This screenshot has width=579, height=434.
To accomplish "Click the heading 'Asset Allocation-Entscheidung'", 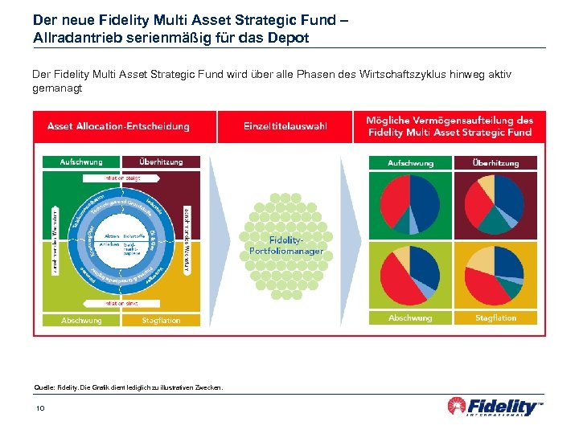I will tap(118, 126).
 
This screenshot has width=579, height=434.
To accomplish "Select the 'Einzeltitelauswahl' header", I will tap(285, 126).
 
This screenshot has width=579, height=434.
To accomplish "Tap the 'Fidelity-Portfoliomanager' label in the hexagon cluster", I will tap(285, 245).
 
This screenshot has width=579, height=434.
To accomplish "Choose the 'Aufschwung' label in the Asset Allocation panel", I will tap(81, 162).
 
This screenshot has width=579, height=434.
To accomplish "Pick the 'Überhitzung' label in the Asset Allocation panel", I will tap(161, 162).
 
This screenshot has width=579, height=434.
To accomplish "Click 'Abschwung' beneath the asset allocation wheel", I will tap(81, 320).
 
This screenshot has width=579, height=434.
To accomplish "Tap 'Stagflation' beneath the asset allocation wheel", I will tap(161, 320).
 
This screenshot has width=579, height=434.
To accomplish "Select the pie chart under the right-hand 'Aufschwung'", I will tap(410, 205).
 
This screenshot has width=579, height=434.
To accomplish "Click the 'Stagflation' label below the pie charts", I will tap(495, 318).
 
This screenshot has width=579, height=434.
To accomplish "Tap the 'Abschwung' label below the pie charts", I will tap(410, 318).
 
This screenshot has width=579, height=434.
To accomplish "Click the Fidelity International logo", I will tap(495, 407).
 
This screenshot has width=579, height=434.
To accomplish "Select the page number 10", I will tap(40, 409).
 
